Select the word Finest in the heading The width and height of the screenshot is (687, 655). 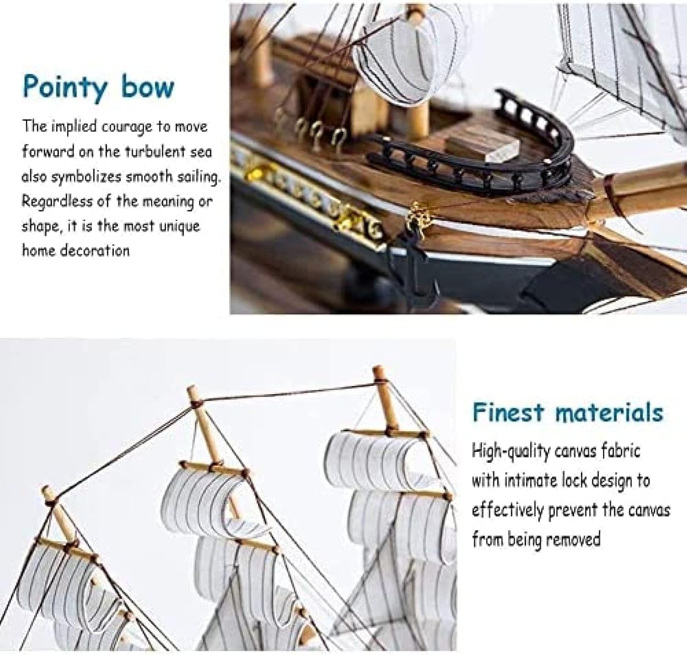tap(508, 412)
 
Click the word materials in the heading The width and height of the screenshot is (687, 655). tap(609, 413)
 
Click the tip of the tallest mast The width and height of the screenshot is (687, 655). tap(377, 368)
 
